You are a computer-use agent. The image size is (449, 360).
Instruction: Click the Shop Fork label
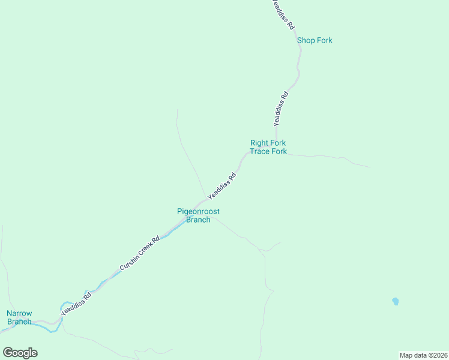pos(315,40)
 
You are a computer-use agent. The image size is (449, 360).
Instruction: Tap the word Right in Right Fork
pos(259,143)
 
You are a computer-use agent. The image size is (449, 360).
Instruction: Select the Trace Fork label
pos(268,151)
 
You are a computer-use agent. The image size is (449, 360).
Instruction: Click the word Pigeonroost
pos(197,211)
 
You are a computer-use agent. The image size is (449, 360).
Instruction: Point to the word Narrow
pos(19,313)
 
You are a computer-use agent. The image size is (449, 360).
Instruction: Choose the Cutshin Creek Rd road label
pos(139,253)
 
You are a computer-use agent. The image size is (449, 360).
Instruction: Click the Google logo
pos(20,352)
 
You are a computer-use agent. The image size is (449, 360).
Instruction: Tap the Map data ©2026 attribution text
pos(423,355)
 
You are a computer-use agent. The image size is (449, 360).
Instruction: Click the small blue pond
pos(395,301)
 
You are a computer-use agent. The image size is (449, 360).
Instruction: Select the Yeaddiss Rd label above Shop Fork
pos(282,16)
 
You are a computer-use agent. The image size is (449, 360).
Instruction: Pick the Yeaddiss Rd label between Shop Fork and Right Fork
pos(280,107)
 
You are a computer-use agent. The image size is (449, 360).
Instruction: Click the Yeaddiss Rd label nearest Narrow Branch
pos(76,304)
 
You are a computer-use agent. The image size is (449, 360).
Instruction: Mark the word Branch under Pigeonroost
pos(198,220)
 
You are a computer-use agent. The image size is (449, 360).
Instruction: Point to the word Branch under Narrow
pos(19,322)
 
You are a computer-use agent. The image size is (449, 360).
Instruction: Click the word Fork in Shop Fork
pos(325,40)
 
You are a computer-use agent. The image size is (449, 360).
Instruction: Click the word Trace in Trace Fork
pos(260,151)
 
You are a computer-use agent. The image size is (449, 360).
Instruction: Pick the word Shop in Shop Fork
pos(306,40)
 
